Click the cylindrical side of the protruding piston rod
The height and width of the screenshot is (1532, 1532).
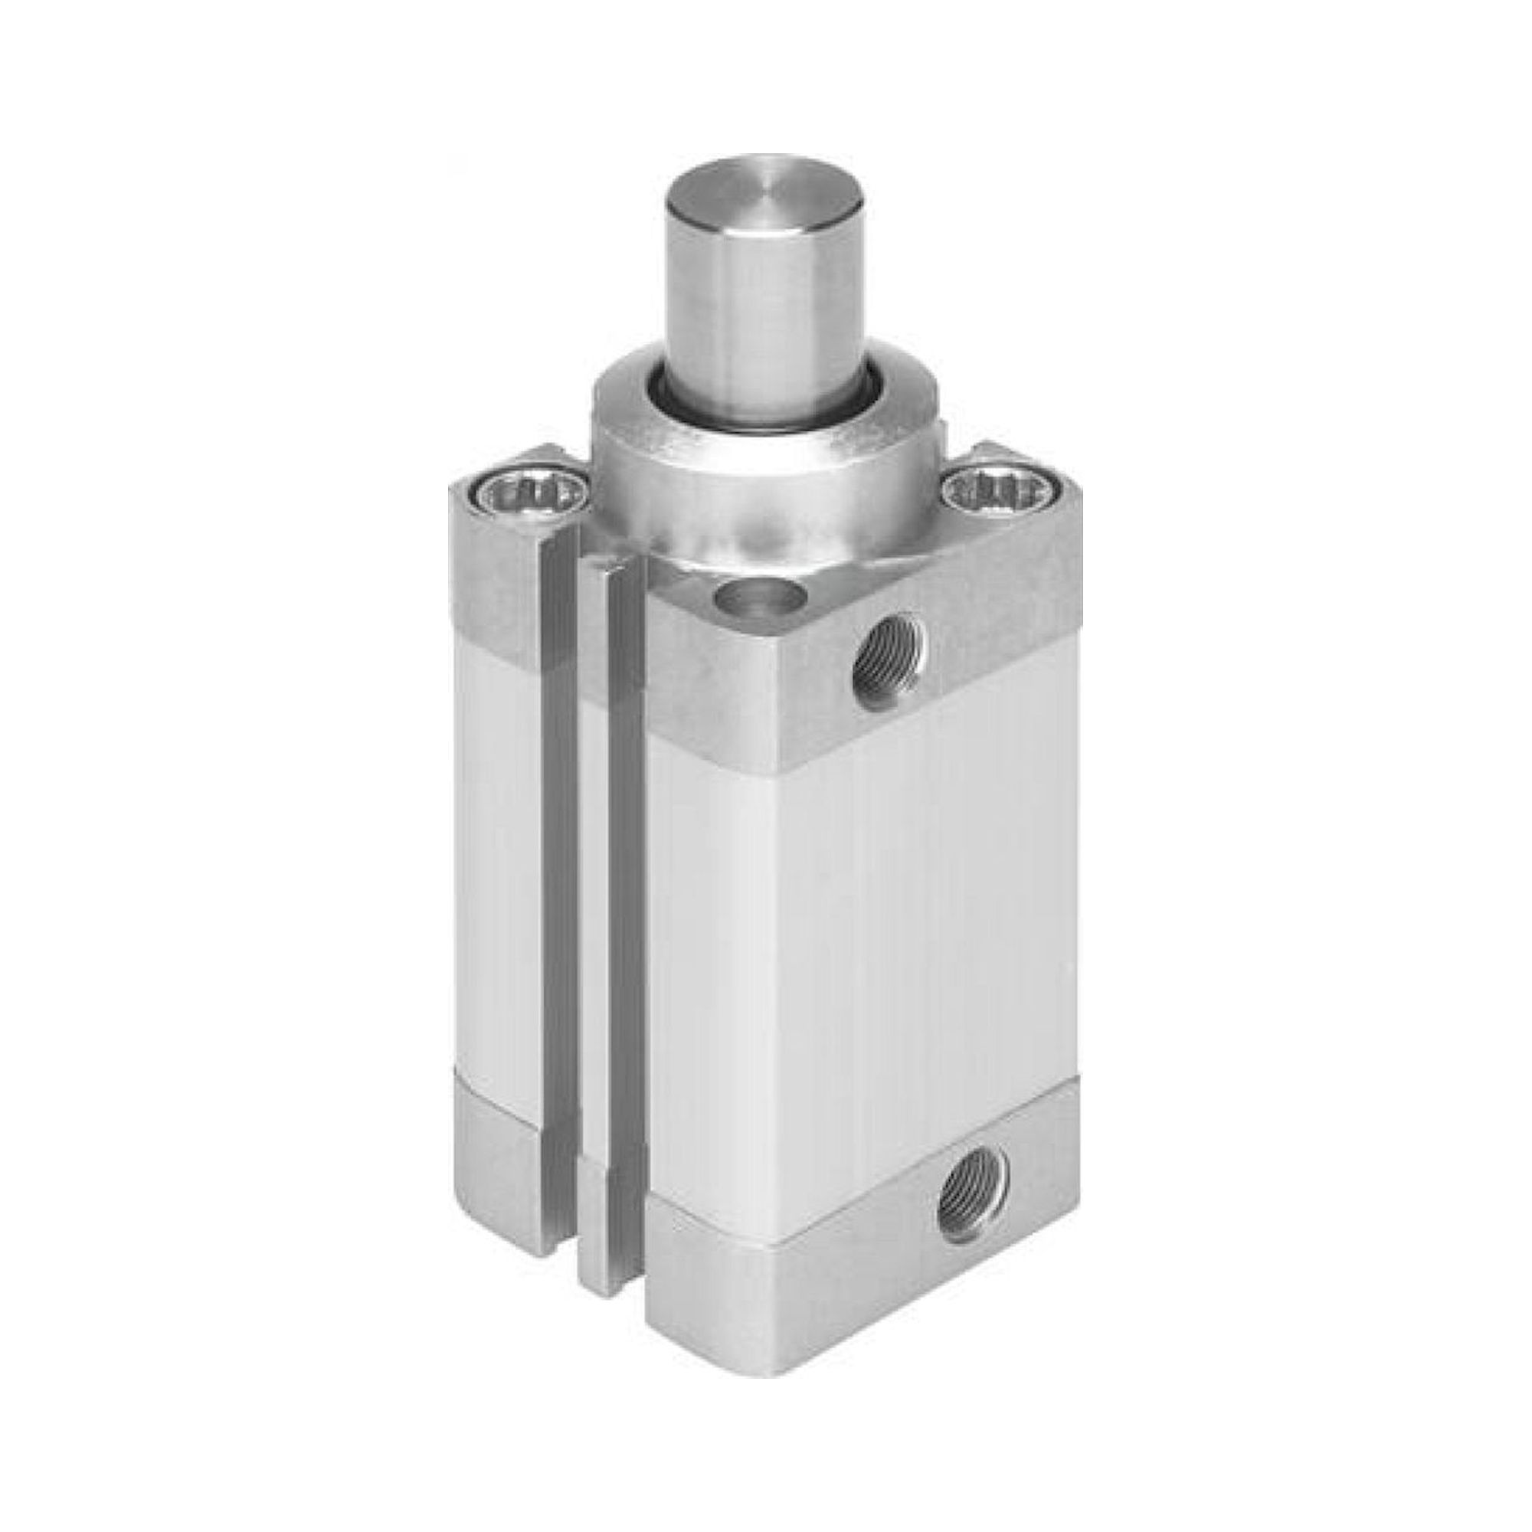(x=753, y=317)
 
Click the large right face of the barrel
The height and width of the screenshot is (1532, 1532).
(x=864, y=912)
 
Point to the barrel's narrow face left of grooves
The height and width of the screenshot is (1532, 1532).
(x=492, y=872)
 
